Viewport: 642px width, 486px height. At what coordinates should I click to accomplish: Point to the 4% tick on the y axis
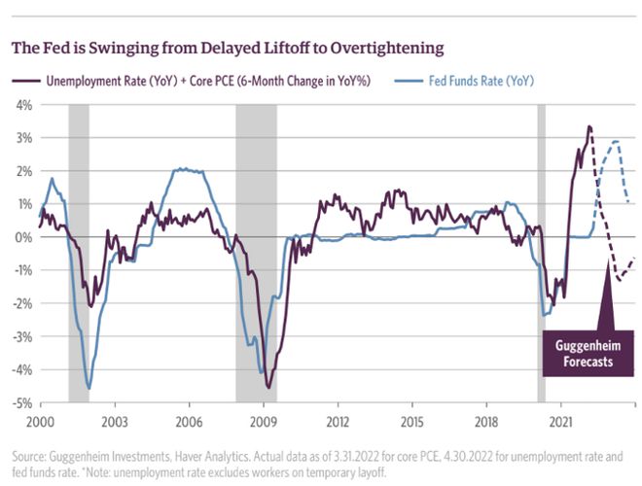pos(20,104)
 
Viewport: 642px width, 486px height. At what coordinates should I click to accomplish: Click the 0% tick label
pos(20,237)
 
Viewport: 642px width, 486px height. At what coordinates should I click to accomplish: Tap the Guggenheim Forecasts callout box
pos(587,352)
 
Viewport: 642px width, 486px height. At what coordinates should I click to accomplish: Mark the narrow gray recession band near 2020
pos(542,253)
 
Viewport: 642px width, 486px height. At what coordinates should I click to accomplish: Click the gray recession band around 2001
pos(79,253)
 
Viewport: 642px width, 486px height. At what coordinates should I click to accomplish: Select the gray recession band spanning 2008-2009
pos(257,253)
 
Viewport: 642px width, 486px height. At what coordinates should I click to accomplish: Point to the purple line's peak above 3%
pos(589,126)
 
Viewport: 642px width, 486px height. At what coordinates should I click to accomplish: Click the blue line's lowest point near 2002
pos(89,389)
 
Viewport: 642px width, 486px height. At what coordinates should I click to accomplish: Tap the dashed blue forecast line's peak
pos(616,142)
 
